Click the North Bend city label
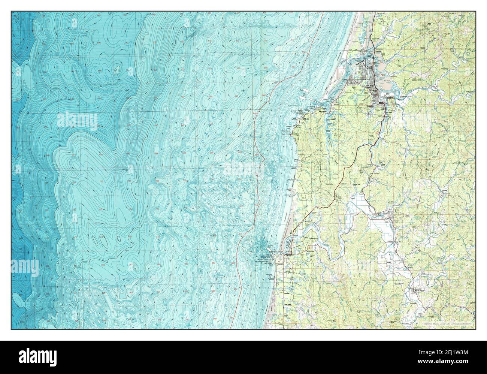coord(369,67)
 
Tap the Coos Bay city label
coord(370,85)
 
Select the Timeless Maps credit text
coord(448,322)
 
